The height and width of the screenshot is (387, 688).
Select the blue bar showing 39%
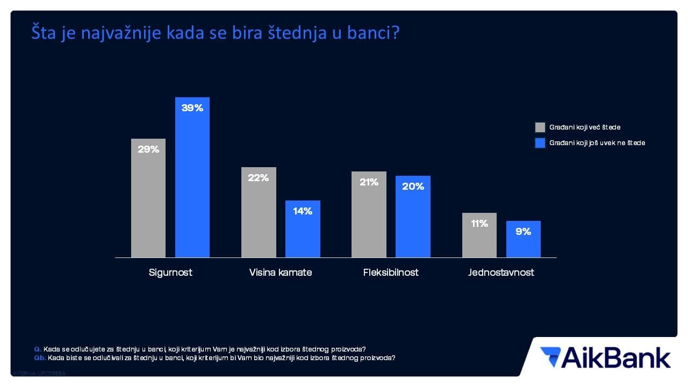pyautogui.click(x=192, y=177)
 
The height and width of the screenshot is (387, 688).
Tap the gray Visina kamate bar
pyautogui.click(x=259, y=212)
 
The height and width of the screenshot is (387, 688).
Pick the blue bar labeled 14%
pyautogui.click(x=303, y=229)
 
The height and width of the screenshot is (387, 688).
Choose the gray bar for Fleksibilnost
pyautogui.click(x=369, y=214)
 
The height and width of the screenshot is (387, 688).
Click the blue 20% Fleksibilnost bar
pyautogui.click(x=413, y=217)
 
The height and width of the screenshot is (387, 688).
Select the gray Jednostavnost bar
pyautogui.click(x=479, y=235)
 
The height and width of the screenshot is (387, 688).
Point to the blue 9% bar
pyautogui.click(x=524, y=239)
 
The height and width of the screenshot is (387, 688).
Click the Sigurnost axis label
pyautogui.click(x=170, y=273)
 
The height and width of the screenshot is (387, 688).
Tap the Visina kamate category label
pyautogui.click(x=281, y=273)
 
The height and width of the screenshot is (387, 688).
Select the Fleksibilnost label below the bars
pyautogui.click(x=391, y=273)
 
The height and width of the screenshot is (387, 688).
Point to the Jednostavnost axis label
pyautogui.click(x=501, y=273)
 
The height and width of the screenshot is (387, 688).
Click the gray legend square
pyautogui.click(x=540, y=127)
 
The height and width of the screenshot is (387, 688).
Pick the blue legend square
pyautogui.click(x=540, y=143)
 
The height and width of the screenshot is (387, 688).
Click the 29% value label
pyautogui.click(x=148, y=149)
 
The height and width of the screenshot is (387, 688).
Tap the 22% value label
pyautogui.click(x=259, y=178)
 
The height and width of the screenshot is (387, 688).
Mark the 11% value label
pyautogui.click(x=479, y=224)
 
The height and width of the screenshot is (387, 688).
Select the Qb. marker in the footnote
pyautogui.click(x=39, y=357)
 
